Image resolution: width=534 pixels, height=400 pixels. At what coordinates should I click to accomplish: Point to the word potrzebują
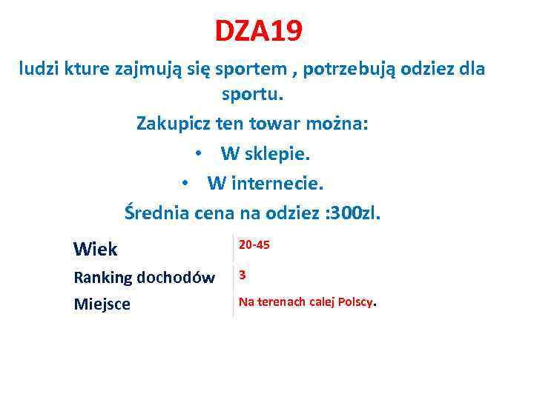364,70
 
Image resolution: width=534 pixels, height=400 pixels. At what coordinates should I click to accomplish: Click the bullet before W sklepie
199,153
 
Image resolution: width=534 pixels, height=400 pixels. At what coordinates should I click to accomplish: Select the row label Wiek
95,248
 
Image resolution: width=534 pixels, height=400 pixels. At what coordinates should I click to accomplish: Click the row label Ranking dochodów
144,278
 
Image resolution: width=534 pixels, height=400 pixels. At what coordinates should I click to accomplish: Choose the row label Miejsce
102,304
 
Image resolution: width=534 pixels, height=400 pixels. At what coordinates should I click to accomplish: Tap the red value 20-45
254,244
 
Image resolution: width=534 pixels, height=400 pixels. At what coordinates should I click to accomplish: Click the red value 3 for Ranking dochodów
242,275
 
